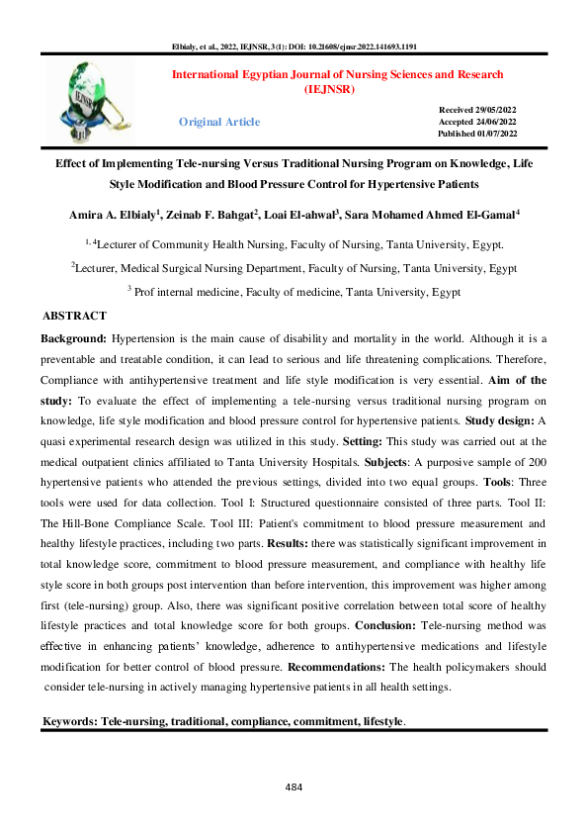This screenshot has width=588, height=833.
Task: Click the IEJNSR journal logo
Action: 102,99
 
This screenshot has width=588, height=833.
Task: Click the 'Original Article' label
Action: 219,122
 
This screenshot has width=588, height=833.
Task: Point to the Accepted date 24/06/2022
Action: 477,120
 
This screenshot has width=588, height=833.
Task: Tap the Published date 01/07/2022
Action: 477,134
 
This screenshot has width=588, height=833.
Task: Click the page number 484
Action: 293,787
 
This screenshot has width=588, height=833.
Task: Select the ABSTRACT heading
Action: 74,316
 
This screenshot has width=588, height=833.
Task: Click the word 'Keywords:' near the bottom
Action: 70,722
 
